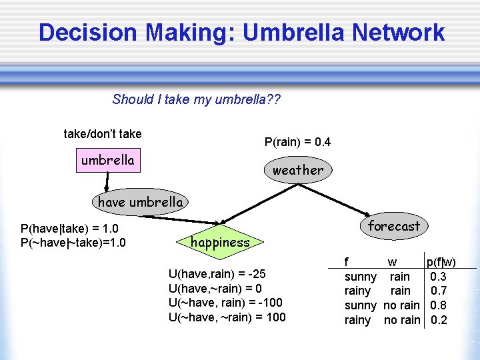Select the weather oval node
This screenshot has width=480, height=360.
297,170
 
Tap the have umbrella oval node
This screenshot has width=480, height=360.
140,201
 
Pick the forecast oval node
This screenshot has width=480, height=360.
394,227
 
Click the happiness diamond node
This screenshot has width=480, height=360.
220,243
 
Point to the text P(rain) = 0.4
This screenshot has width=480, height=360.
297,142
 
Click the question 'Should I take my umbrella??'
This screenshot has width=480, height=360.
197,100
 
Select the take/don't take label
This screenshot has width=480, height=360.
102,134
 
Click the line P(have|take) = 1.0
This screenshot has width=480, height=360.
69,229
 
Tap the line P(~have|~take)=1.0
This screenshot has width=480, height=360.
73,242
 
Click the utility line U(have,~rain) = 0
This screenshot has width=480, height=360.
215,289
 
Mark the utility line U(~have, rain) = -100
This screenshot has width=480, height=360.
225,303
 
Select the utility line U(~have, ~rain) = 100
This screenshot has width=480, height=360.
227,317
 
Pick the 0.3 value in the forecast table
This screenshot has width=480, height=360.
439,276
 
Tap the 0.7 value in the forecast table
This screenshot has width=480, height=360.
439,291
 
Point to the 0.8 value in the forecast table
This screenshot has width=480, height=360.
439,305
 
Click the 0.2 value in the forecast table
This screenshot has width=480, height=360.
439,320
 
